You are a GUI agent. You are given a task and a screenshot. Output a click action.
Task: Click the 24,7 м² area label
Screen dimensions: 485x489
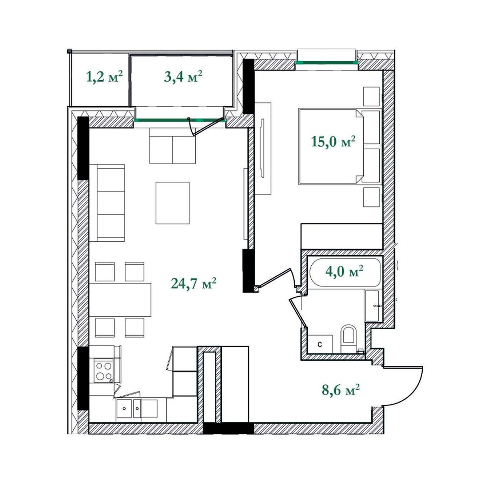click(x=194, y=283)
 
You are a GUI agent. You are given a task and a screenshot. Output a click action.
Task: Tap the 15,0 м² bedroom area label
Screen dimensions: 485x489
click(x=333, y=141)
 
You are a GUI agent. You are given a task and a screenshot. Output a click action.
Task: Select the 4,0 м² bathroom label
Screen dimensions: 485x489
click(x=344, y=271)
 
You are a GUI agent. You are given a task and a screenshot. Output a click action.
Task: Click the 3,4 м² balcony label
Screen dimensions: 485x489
click(x=183, y=76)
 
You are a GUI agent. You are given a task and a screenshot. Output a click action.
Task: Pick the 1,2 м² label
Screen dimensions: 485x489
click(x=105, y=76)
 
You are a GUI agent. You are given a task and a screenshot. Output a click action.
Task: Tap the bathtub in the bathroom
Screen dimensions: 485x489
click(x=344, y=272)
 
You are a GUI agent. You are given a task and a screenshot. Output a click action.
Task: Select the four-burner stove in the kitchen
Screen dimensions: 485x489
click(x=104, y=370)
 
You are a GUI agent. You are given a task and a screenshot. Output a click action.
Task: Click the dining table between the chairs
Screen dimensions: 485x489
click(x=120, y=300)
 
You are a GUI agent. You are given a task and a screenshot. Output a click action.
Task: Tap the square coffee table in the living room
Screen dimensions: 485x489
click(x=173, y=203)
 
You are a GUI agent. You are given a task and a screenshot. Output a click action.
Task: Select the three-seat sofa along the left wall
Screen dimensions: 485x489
click(x=107, y=203)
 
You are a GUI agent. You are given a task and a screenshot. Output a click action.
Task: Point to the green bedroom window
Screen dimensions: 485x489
click(x=326, y=62)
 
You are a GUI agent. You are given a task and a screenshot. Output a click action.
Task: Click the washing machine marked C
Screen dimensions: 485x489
click(x=320, y=344)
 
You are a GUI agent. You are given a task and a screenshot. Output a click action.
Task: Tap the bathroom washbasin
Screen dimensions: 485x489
click(x=372, y=306)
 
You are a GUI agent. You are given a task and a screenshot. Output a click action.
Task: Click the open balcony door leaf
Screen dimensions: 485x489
click(x=209, y=126)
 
